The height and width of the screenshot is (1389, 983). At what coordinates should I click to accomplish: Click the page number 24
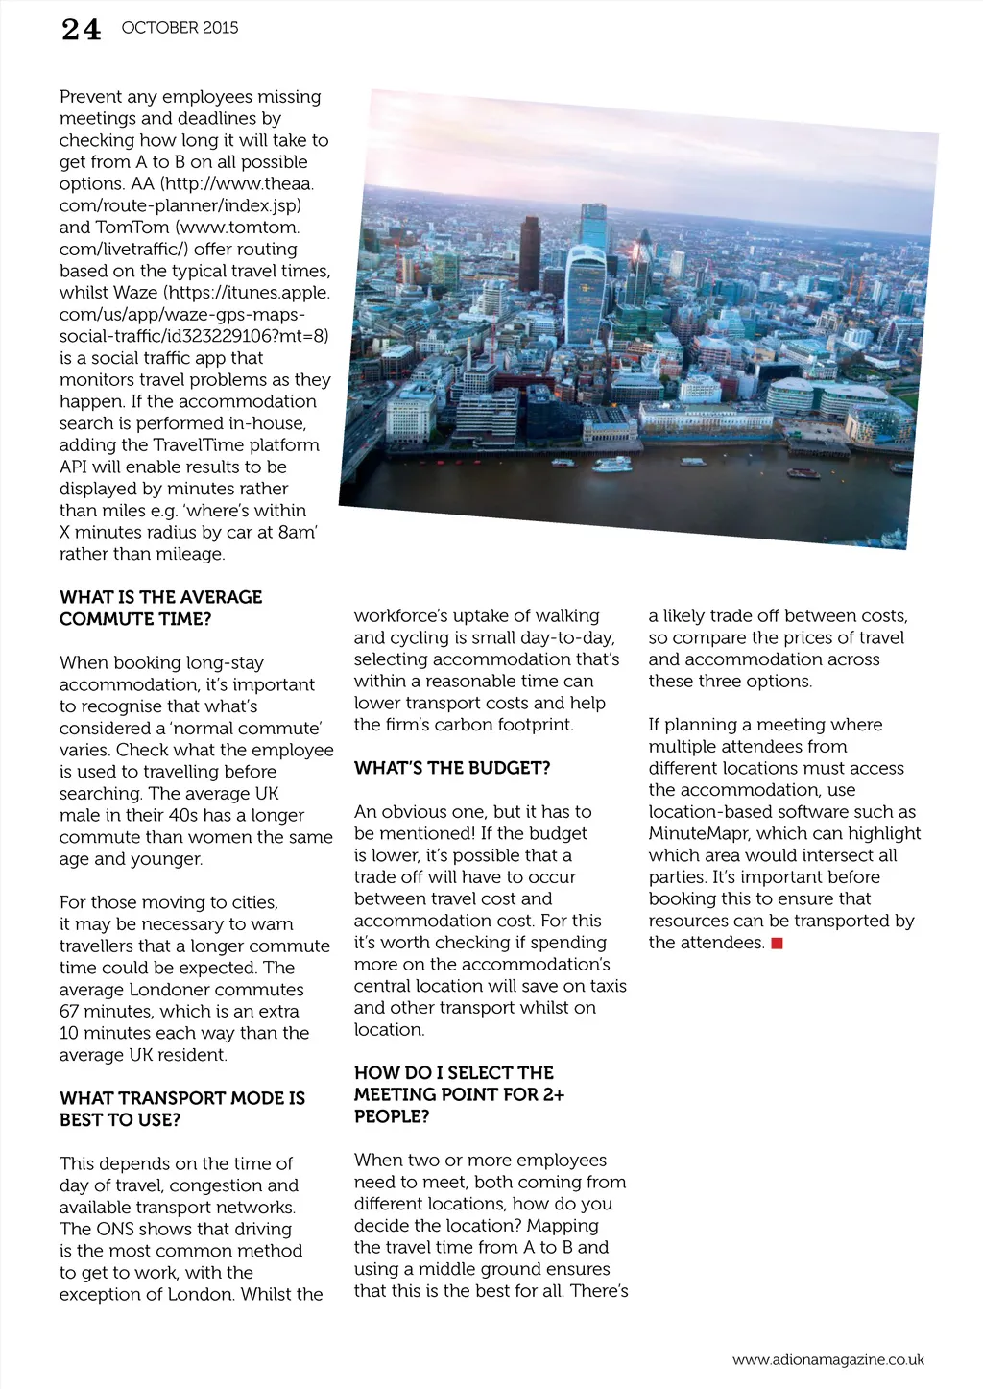point(81,30)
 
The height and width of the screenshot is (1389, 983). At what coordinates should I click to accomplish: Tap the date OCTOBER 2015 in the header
point(180,28)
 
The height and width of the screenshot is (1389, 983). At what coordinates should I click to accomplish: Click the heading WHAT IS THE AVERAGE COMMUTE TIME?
point(160,608)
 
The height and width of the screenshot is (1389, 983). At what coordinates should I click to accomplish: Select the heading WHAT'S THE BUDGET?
point(452,768)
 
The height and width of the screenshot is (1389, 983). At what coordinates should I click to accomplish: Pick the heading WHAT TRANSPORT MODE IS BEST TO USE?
point(182,1109)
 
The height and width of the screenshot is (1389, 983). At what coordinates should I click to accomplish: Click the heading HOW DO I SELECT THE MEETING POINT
point(459,1094)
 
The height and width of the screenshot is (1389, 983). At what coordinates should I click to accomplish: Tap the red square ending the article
point(778,944)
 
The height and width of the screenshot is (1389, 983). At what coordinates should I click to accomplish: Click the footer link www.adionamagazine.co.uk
point(827,1359)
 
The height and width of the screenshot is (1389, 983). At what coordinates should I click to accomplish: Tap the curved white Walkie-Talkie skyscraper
point(585,293)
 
